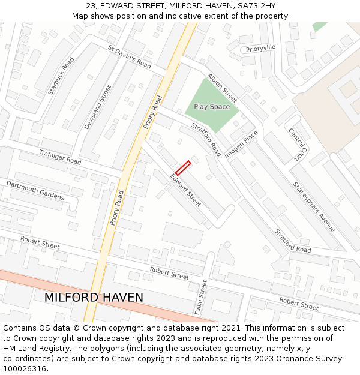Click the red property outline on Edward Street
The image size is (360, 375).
(x=183, y=168)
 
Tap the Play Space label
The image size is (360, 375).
(x=211, y=107)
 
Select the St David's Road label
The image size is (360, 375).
(x=130, y=56)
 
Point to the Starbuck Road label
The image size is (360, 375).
(x=61, y=76)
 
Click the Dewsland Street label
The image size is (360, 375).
(x=98, y=107)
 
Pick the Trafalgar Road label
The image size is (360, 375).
(x=60, y=157)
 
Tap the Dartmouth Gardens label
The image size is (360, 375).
(x=35, y=190)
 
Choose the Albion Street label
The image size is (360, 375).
(x=222, y=88)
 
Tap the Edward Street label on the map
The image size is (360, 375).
(x=186, y=190)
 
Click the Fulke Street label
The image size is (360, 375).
(x=202, y=298)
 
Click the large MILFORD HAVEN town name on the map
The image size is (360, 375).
(x=94, y=298)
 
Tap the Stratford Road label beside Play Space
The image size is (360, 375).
(x=206, y=139)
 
